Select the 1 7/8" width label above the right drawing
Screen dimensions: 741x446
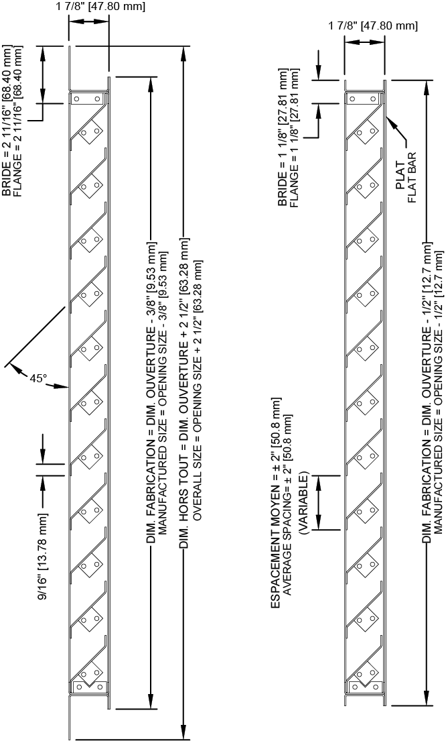click(373, 26)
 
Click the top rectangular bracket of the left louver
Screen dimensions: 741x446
click(88, 99)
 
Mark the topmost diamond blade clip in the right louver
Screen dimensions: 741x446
click(364, 136)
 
